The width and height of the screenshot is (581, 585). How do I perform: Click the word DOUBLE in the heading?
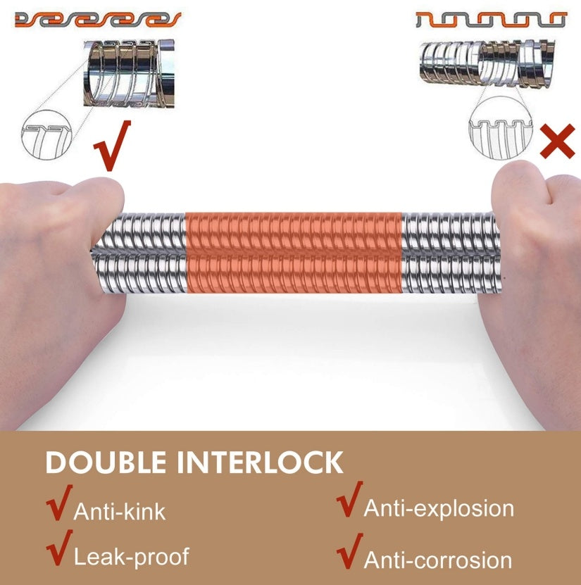tap(106, 463)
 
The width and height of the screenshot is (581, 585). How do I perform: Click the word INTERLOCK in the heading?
tap(260, 463)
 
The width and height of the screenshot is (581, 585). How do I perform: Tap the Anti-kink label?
tap(120, 512)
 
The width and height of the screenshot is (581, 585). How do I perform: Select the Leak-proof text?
tap(132, 557)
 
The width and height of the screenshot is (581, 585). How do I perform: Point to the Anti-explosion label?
tap(439, 508)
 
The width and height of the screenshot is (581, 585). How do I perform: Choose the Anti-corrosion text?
tap(438, 560)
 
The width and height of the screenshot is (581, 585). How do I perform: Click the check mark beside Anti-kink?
tap(59, 502)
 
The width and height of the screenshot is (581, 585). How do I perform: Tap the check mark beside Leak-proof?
tap(59, 548)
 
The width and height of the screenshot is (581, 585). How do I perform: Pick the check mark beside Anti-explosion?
tap(349, 499)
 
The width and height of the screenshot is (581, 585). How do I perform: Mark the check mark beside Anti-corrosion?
tap(349, 551)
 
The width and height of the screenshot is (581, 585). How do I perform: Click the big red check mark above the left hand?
tap(112, 146)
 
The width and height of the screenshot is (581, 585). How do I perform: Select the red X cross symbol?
tap(558, 141)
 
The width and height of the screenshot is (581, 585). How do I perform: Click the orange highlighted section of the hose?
tap(293, 253)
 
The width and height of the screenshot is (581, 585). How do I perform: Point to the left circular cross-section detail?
tap(46, 134)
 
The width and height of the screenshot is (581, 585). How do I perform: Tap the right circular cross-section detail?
tap(501, 128)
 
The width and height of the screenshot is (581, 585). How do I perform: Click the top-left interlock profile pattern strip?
tap(98, 20)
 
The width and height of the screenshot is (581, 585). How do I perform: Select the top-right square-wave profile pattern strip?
tap(492, 20)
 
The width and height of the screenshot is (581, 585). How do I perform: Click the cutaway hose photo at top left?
tap(129, 73)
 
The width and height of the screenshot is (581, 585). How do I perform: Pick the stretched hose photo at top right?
tap(487, 64)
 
